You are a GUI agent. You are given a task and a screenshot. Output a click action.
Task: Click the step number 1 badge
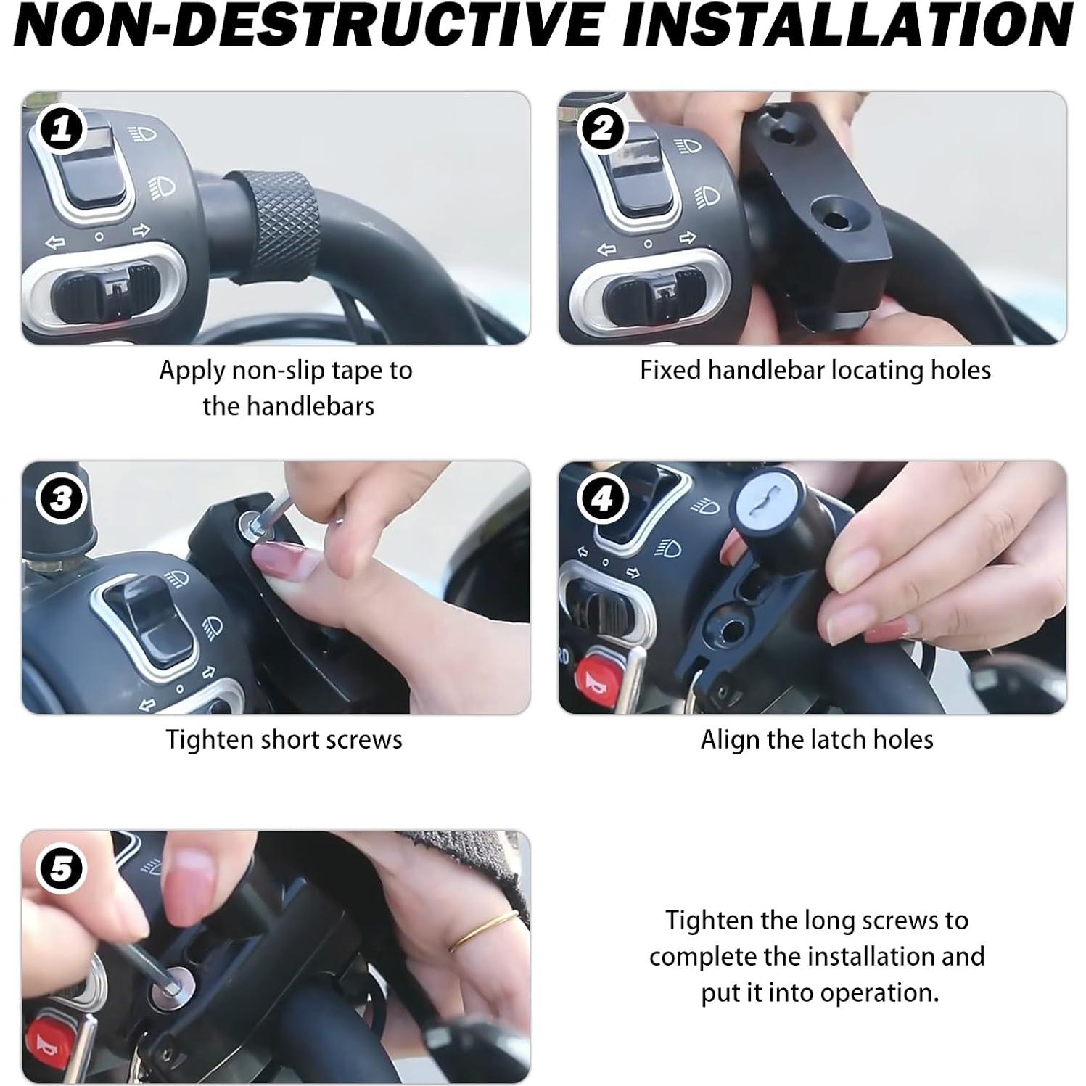(x=62, y=130)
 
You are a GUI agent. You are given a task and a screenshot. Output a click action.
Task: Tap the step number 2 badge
(x=601, y=130)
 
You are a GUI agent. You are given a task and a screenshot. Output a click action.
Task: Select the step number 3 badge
(x=62, y=499)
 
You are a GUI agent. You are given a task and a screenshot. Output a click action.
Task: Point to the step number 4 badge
(x=601, y=499)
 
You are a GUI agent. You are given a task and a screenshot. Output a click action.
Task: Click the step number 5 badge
(x=62, y=869)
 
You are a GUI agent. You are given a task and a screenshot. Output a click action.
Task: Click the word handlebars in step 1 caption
(x=288, y=406)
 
